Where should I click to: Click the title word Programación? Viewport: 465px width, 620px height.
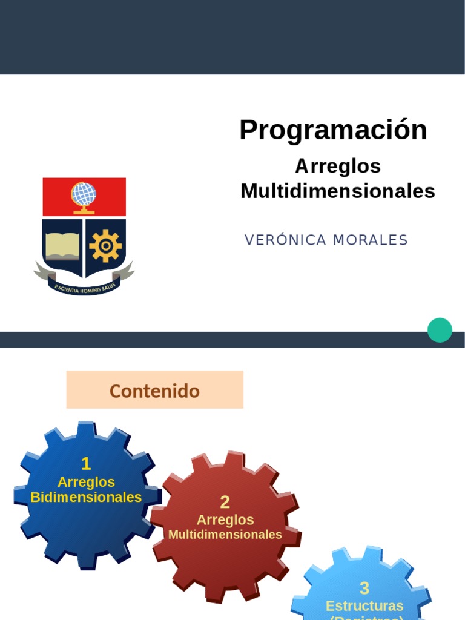click(x=333, y=130)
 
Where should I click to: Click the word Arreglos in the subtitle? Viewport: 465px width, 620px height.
click(x=338, y=166)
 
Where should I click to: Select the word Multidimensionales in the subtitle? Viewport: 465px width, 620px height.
click(x=338, y=191)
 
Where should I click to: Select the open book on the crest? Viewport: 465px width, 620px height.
click(x=62, y=245)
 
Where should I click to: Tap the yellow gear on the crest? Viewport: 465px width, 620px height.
click(x=105, y=246)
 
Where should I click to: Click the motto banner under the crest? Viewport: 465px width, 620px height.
click(x=84, y=286)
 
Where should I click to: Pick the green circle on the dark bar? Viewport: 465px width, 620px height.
click(x=440, y=330)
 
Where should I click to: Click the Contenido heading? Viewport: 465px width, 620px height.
click(x=154, y=391)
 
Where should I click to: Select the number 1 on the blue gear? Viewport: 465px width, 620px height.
click(x=86, y=464)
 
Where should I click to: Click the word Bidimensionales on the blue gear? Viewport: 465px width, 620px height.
click(x=86, y=498)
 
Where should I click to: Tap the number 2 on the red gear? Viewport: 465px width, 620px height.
click(x=225, y=502)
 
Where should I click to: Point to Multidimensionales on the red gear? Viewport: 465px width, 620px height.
click(x=225, y=535)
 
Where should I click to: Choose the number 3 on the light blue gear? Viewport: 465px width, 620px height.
click(x=364, y=588)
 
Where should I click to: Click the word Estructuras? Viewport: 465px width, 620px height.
click(x=364, y=605)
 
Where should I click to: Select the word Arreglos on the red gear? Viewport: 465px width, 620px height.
click(x=225, y=520)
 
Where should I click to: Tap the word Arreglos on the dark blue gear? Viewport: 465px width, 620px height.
click(x=86, y=482)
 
